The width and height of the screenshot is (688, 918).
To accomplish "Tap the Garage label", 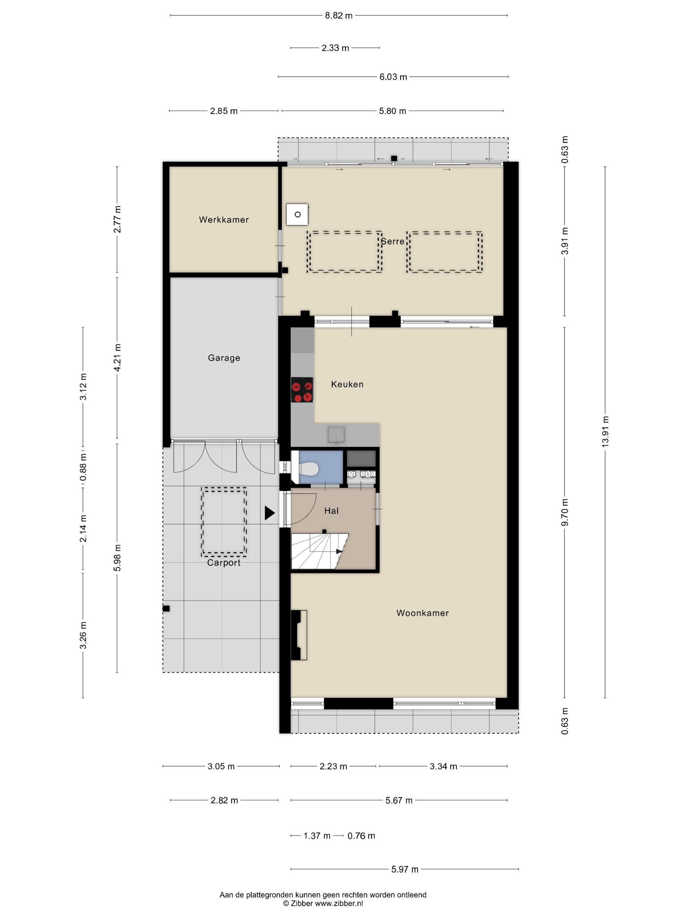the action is click(x=224, y=358).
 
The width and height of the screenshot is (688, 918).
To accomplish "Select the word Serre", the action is click(x=392, y=241).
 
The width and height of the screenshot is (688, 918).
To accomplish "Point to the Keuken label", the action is click(x=347, y=384).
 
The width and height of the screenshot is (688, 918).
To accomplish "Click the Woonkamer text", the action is click(x=423, y=613).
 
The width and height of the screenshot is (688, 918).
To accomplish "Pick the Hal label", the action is click(x=331, y=511).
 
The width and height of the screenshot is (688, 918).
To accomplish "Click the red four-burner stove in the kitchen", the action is click(x=302, y=390).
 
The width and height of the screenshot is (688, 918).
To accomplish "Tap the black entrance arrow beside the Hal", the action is click(x=270, y=513).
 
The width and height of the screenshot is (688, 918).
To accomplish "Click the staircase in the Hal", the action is click(x=320, y=551).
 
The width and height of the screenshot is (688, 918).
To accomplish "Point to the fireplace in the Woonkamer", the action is click(x=299, y=635).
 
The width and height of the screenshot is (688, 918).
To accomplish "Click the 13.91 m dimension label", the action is click(x=605, y=431).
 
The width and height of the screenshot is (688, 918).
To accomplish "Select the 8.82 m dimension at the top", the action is click(x=338, y=16).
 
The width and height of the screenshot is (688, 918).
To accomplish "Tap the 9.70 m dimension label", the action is click(x=564, y=512).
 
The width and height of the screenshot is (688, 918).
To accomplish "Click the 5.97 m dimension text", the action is click(x=405, y=869).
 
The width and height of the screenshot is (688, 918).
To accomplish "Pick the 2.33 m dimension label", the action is click(x=335, y=48).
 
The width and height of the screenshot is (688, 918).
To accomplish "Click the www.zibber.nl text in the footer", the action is click(x=339, y=903).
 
